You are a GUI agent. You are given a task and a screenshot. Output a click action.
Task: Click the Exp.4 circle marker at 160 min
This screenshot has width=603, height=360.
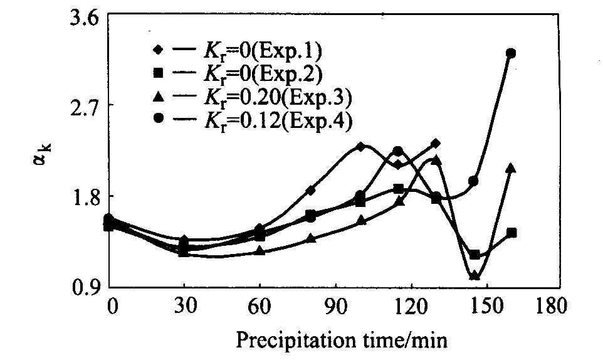coord(511,53)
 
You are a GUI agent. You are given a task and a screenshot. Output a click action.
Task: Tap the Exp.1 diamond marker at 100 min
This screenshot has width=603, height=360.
coord(360,146)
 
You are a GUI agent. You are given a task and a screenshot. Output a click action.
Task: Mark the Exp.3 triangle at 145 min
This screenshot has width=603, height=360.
coord(475,275)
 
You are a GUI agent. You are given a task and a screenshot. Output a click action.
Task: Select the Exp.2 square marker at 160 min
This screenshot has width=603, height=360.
coord(511,233)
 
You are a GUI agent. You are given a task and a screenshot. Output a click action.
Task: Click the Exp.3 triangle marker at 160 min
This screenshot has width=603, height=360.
coord(511,168)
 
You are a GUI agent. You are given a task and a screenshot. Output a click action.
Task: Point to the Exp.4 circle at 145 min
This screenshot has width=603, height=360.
coord(474,181)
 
